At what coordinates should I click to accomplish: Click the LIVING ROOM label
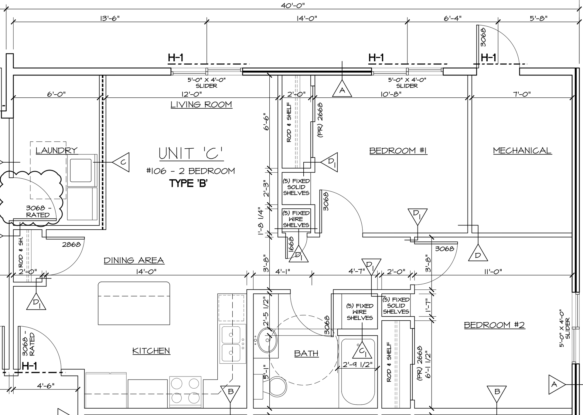coord(201,105)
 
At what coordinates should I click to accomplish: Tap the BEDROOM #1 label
coord(398,151)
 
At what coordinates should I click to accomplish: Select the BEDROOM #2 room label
coord(494,325)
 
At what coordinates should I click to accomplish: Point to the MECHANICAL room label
coord(522,151)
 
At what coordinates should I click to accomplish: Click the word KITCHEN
coord(151,351)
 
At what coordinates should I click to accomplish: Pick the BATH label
coord(306,353)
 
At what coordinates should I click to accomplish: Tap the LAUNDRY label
coord(56,150)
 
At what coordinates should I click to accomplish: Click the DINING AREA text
coord(134,261)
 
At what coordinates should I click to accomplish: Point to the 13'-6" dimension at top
coord(110,18)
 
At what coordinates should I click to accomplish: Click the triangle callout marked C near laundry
coord(121,162)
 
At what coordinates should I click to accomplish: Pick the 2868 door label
coord(71,244)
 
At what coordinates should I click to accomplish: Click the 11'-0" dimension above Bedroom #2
coord(493,272)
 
